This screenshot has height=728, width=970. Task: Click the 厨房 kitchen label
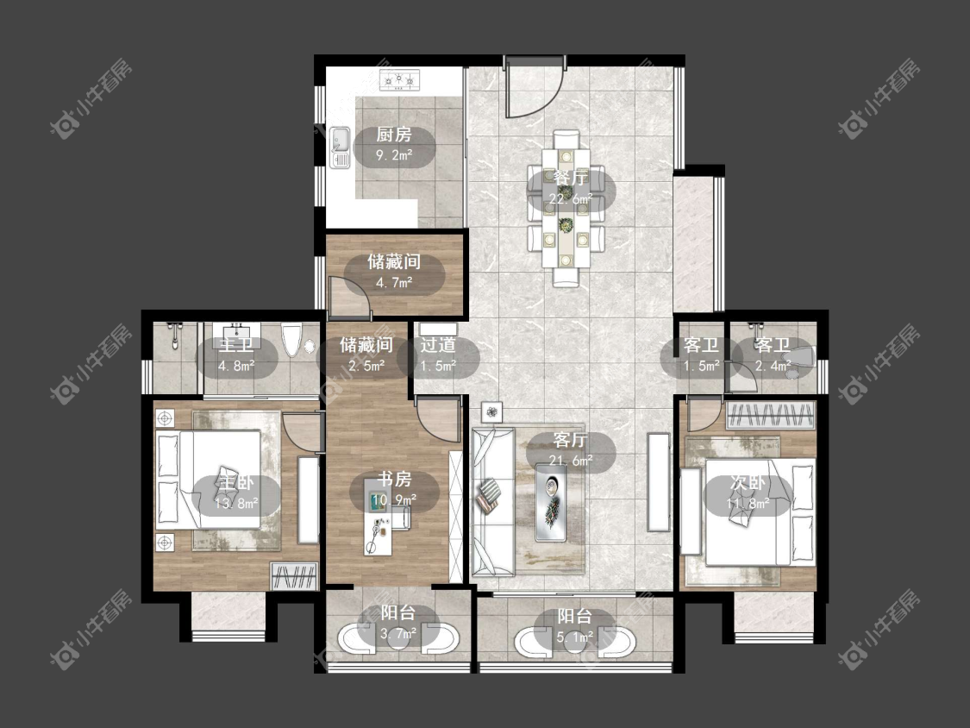pos(394,135)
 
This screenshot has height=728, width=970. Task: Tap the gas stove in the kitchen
pos(399,80)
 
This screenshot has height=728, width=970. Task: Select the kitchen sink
pos(340,147)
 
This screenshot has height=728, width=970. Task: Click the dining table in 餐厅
pos(566,208)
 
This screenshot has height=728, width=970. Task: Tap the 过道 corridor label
pos(438,345)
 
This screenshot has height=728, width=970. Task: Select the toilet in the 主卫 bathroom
pos(291,339)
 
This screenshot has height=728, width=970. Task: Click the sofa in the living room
pos(493,501)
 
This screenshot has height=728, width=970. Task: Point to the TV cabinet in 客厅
pos(658,481)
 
